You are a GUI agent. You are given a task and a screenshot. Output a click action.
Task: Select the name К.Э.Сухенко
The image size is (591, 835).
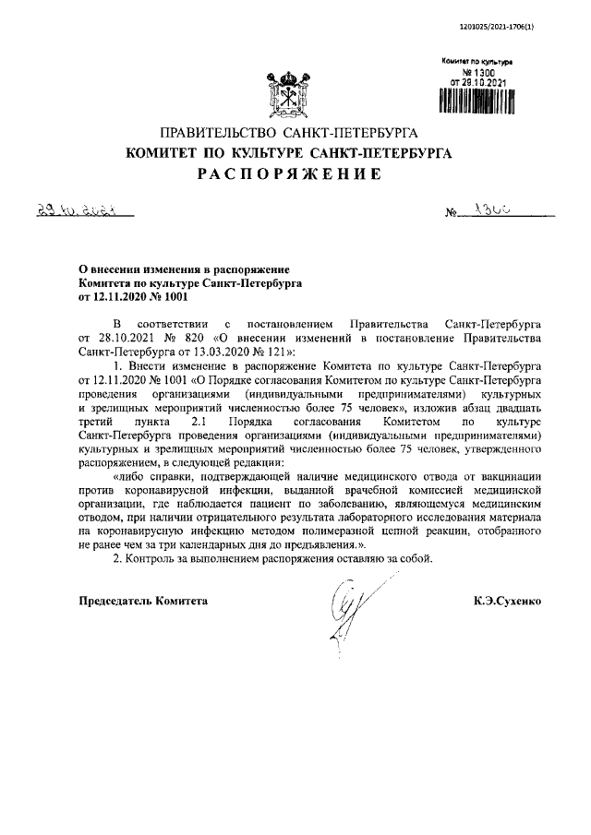506,601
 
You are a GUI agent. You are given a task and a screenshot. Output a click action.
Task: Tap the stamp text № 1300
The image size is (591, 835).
476,72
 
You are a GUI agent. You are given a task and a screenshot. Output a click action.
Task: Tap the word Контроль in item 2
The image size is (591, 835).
158,559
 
